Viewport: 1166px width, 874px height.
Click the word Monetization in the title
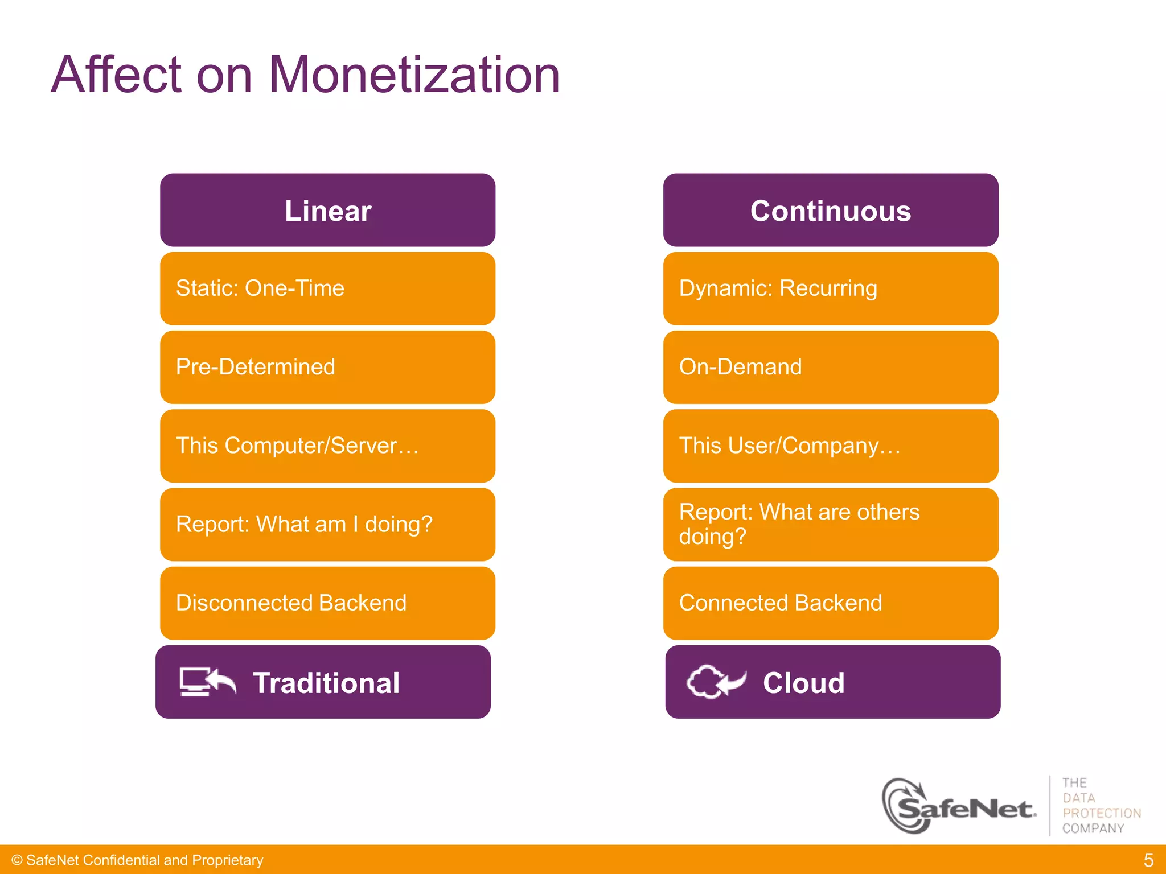coord(414,75)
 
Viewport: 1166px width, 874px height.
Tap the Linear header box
coord(327,211)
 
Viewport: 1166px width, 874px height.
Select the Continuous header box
coord(830,211)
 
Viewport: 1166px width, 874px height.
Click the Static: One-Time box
coord(327,288)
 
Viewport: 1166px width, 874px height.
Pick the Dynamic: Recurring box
coord(830,288)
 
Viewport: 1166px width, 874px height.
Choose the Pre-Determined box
coord(327,367)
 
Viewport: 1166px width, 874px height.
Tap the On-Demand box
coord(830,367)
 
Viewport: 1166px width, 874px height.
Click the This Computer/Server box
coord(327,446)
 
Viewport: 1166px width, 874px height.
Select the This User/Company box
coord(830,446)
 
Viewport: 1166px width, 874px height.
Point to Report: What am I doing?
coord(327,524)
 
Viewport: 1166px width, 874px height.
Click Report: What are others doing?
coord(830,524)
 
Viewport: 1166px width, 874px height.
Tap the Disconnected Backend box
coord(327,603)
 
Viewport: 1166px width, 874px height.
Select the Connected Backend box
coord(830,603)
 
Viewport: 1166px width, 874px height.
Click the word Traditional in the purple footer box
coord(326,683)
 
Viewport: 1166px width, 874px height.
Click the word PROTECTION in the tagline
coord(1101,813)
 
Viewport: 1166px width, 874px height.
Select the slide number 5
coord(1148,860)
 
